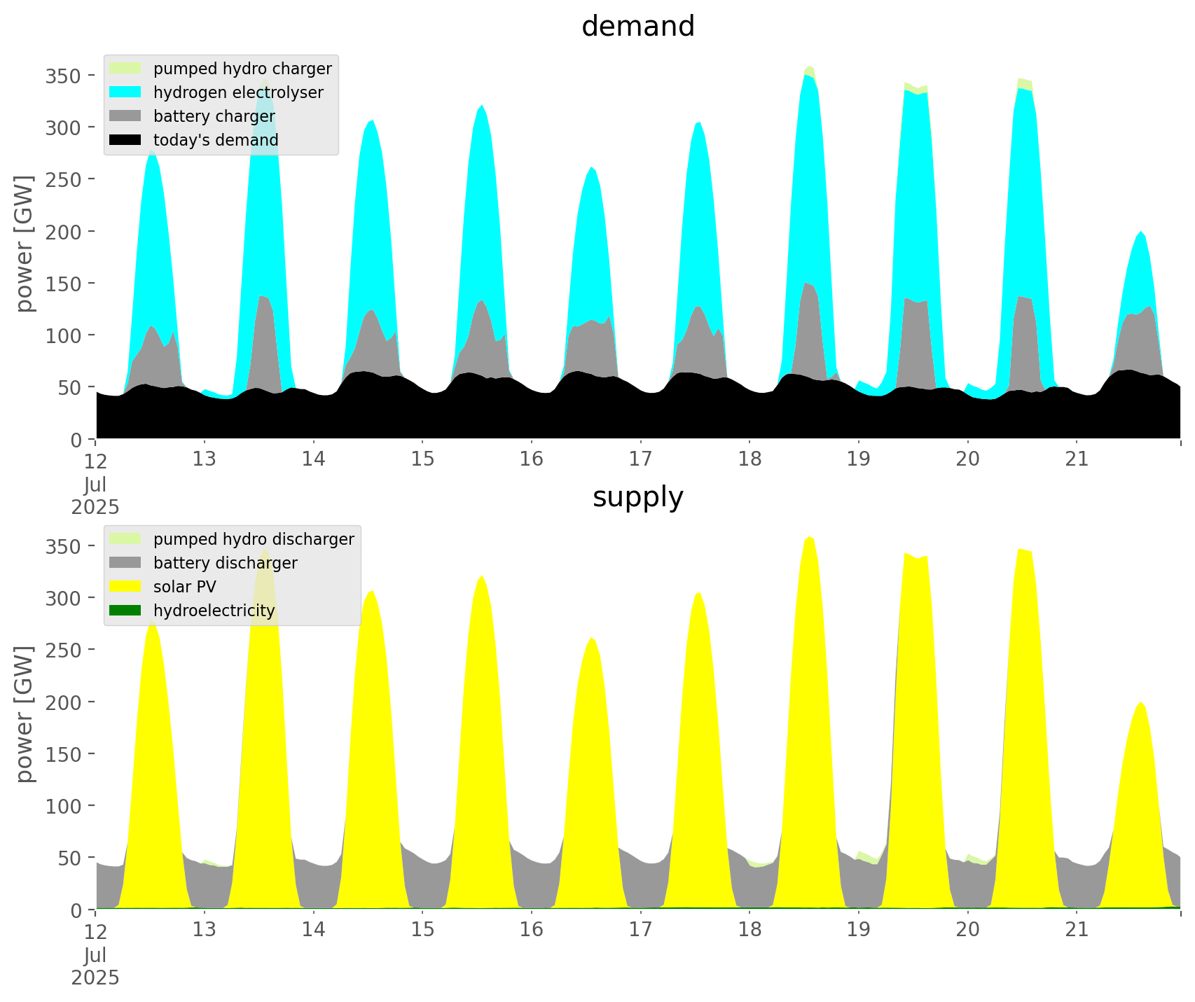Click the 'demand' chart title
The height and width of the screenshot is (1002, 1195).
point(637,27)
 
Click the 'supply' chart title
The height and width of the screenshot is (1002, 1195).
point(637,497)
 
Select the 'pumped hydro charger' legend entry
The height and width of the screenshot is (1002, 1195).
point(242,69)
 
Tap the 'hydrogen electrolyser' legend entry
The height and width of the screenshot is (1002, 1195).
point(237,92)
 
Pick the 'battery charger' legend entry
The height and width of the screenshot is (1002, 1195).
point(214,116)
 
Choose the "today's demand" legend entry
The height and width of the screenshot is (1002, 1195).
point(215,140)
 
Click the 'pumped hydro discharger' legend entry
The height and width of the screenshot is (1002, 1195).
point(253,539)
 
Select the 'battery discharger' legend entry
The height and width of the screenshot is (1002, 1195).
point(225,563)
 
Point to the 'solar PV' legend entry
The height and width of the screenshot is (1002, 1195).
point(184,587)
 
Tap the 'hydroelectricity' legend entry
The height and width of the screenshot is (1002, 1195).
point(214,611)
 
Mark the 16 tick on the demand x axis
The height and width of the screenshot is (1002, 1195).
point(532,459)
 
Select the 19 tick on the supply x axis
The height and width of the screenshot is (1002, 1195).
point(858,929)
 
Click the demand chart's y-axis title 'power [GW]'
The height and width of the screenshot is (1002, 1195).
point(25,244)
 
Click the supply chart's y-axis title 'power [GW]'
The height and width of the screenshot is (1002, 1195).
point(25,714)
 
